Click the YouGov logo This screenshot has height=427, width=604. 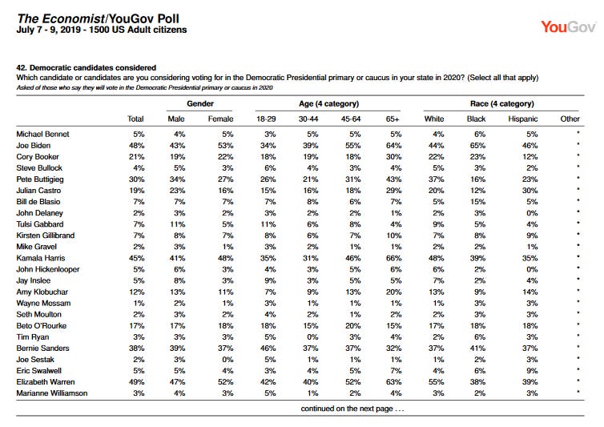pyautogui.click(x=568, y=27)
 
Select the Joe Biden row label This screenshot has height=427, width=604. pyautogui.click(x=33, y=145)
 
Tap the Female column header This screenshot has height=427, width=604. pyautogui.click(x=220, y=119)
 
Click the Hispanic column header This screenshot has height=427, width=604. pyautogui.click(x=523, y=119)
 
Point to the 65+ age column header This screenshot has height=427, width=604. pyautogui.click(x=393, y=119)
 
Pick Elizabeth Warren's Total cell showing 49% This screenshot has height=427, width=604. pyautogui.click(x=137, y=382)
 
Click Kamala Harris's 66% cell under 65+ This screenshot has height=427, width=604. pyautogui.click(x=393, y=258)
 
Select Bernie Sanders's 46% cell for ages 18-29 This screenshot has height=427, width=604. pyautogui.click(x=268, y=348)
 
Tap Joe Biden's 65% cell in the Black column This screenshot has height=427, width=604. pyautogui.click(x=477, y=145)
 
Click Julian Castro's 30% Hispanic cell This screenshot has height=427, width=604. pyautogui.click(x=530, y=191)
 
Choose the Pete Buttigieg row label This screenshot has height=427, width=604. pyautogui.click(x=40, y=179)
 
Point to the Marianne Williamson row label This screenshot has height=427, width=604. pyautogui.click(x=52, y=393)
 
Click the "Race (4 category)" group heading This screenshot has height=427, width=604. pyautogui.click(x=502, y=103)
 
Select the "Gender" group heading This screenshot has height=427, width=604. pyautogui.click(x=200, y=103)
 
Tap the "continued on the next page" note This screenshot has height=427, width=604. pyautogui.click(x=352, y=409)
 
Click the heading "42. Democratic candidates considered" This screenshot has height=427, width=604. pyautogui.click(x=87, y=68)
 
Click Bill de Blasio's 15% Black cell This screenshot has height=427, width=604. pyautogui.click(x=477, y=202)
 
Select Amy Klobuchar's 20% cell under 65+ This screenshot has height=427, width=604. pyautogui.click(x=393, y=292)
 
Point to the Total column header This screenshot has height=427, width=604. pyautogui.click(x=135, y=119)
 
